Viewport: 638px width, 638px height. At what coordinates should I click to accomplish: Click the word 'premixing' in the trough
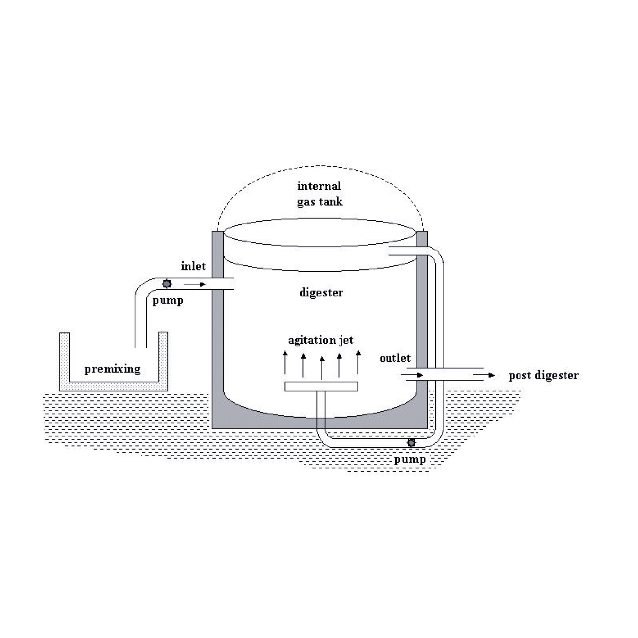coord(112,369)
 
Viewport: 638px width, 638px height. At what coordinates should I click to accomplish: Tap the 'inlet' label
coord(193,266)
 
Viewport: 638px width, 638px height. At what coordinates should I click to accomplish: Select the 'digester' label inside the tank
coord(321,292)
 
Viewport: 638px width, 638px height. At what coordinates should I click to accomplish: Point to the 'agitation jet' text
coord(320,340)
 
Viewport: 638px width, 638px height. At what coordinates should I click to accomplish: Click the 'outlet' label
coord(395,358)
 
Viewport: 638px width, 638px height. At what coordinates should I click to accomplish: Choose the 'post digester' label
coord(543,376)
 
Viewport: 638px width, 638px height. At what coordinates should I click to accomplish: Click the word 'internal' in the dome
coord(319,186)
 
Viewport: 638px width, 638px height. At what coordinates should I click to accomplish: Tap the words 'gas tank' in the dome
coord(320,202)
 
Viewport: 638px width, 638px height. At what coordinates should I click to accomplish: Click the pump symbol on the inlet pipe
coord(167,284)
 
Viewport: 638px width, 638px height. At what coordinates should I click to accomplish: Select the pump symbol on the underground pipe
coord(411,442)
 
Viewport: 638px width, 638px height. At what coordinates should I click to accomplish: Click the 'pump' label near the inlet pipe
coord(168,300)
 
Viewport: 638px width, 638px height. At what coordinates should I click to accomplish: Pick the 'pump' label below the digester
coord(410,459)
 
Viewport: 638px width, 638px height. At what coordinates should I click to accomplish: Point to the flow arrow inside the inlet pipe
coord(194,284)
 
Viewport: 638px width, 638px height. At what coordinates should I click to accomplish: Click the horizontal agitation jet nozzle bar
coord(321,386)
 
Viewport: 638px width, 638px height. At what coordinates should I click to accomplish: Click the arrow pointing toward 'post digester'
coord(484,375)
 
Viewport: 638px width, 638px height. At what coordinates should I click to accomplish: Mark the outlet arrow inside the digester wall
coord(412,375)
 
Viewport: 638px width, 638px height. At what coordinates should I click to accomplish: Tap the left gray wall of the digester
coord(217,324)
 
